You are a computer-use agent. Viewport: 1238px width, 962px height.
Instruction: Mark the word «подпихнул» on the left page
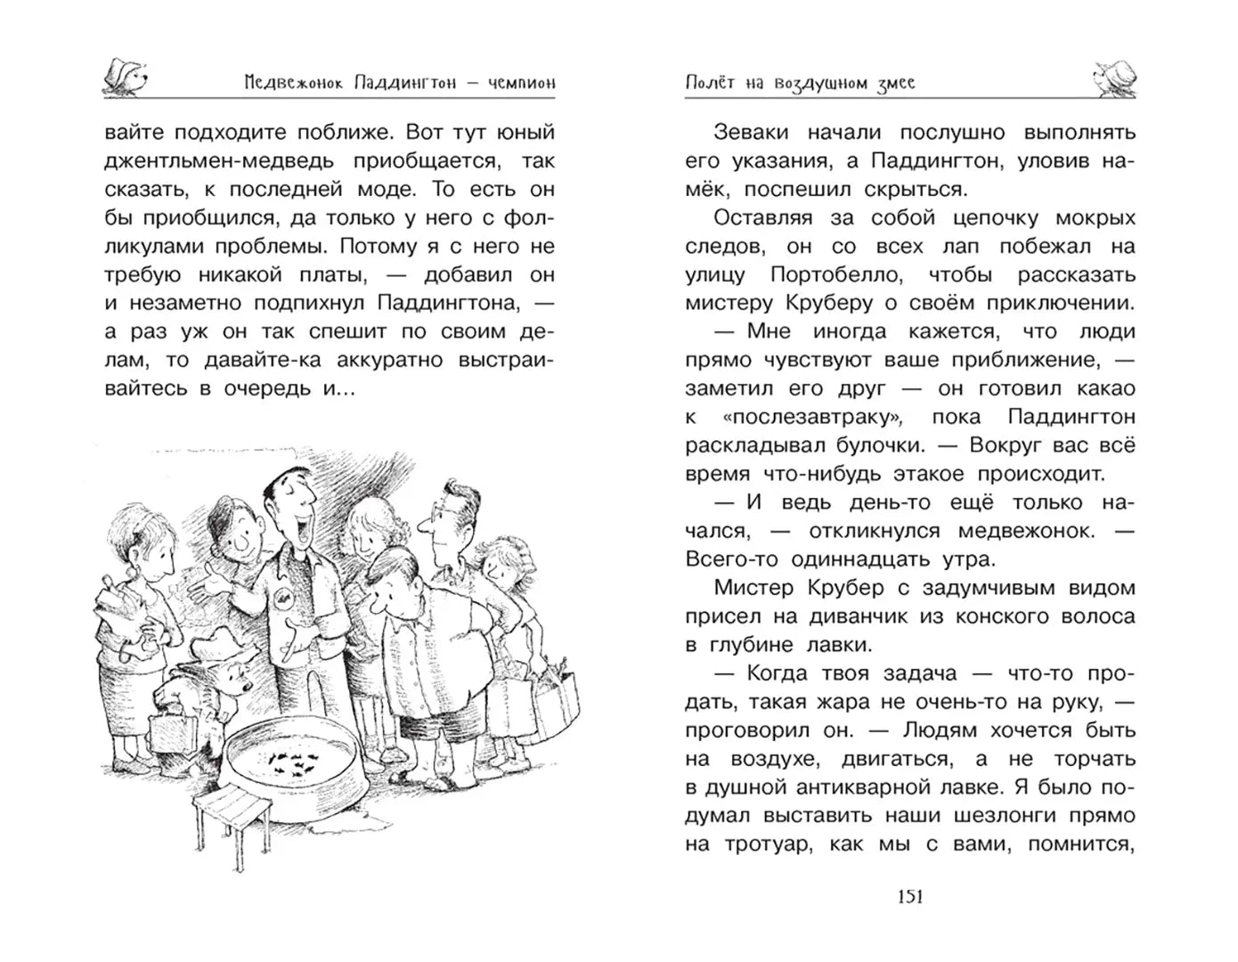pyautogui.click(x=312, y=303)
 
